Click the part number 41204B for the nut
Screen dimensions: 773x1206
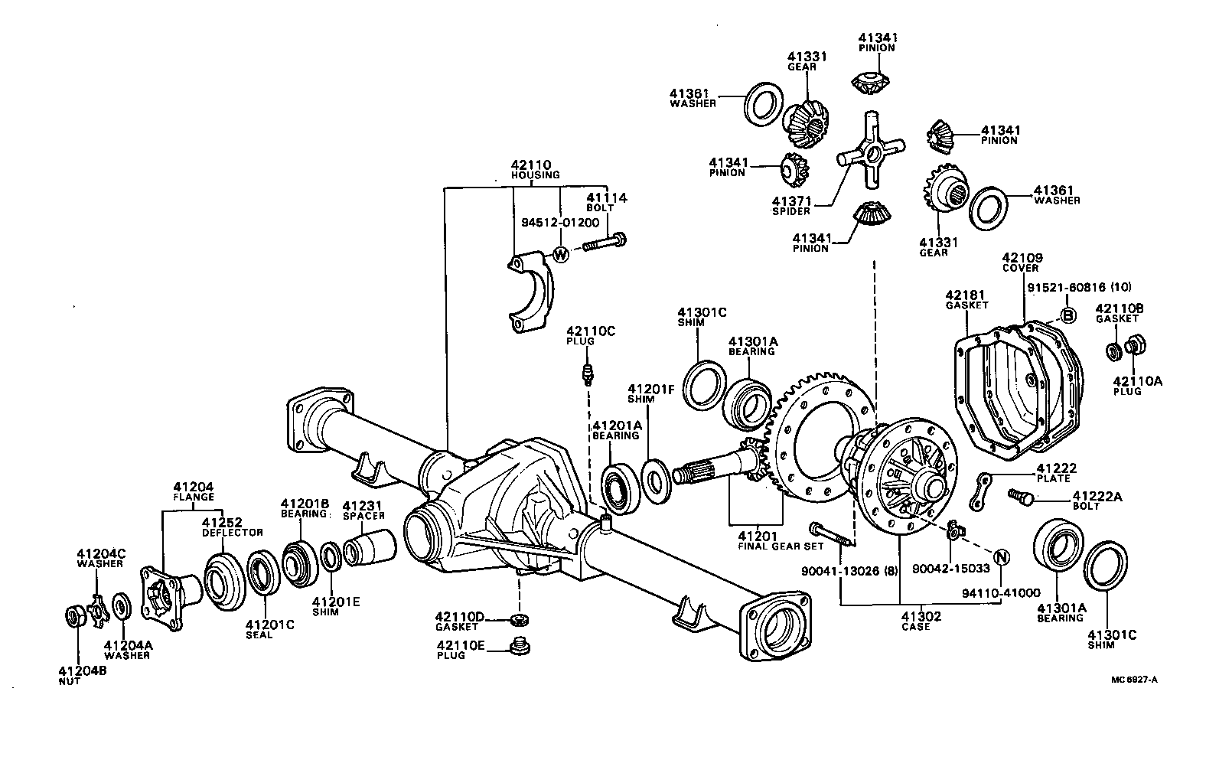click(81, 671)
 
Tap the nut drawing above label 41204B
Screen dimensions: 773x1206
click(73, 616)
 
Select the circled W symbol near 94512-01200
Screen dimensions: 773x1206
click(561, 254)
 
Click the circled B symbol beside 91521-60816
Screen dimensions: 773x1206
click(1069, 315)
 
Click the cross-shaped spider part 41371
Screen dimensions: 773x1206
click(871, 151)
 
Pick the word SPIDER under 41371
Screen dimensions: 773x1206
click(790, 211)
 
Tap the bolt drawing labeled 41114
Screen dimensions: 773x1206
click(605, 244)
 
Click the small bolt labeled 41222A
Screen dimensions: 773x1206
click(1019, 497)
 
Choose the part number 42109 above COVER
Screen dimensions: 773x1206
click(1022, 259)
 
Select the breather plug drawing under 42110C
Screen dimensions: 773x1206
click(586, 376)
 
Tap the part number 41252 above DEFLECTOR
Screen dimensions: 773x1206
click(223, 523)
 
